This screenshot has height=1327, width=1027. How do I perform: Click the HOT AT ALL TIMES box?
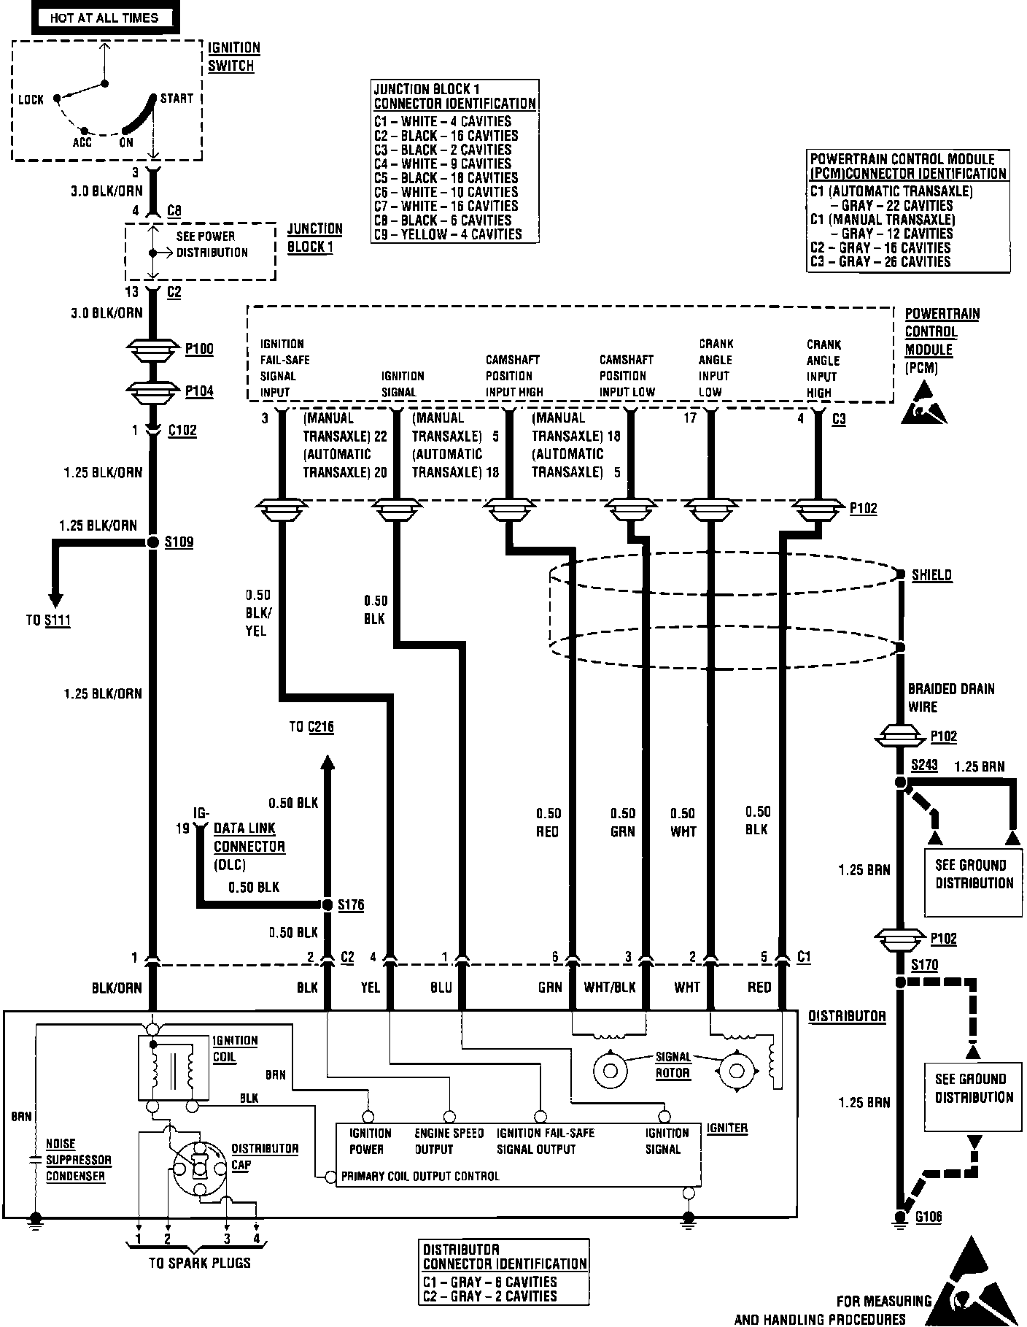click(x=104, y=18)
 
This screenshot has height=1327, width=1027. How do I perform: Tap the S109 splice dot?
click(x=153, y=542)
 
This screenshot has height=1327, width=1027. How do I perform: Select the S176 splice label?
click(x=351, y=904)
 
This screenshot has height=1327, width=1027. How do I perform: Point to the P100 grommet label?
click(x=199, y=349)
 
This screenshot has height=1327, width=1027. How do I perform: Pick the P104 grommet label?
click(x=199, y=391)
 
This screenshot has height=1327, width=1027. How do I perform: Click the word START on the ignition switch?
click(x=177, y=99)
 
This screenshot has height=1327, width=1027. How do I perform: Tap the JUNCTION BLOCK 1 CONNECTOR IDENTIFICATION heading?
click(x=454, y=96)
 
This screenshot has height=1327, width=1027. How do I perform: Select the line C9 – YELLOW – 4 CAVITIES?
click(x=448, y=234)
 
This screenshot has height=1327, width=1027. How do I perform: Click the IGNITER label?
click(x=726, y=1128)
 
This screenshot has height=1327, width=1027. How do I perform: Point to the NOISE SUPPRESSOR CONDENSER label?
click(x=79, y=1160)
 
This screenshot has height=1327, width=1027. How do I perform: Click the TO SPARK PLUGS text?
click(x=199, y=1263)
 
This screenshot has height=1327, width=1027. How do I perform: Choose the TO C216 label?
click(x=311, y=727)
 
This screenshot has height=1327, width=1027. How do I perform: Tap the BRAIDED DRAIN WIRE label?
click(x=951, y=698)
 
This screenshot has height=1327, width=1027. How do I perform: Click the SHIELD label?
click(x=932, y=575)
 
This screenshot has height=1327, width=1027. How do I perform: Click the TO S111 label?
click(x=48, y=620)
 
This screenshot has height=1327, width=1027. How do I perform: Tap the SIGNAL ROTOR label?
click(x=673, y=1065)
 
